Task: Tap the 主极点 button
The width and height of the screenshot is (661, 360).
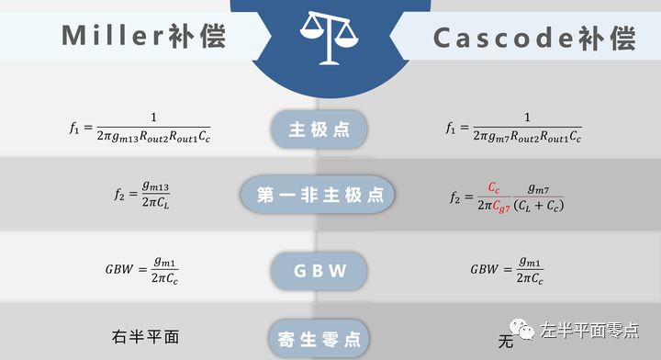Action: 319,129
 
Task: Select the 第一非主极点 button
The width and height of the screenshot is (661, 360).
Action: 319,196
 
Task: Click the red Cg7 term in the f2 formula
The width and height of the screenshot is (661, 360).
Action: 499,207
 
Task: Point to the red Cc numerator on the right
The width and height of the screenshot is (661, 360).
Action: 494,186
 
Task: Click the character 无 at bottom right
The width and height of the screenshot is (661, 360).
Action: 504,343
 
